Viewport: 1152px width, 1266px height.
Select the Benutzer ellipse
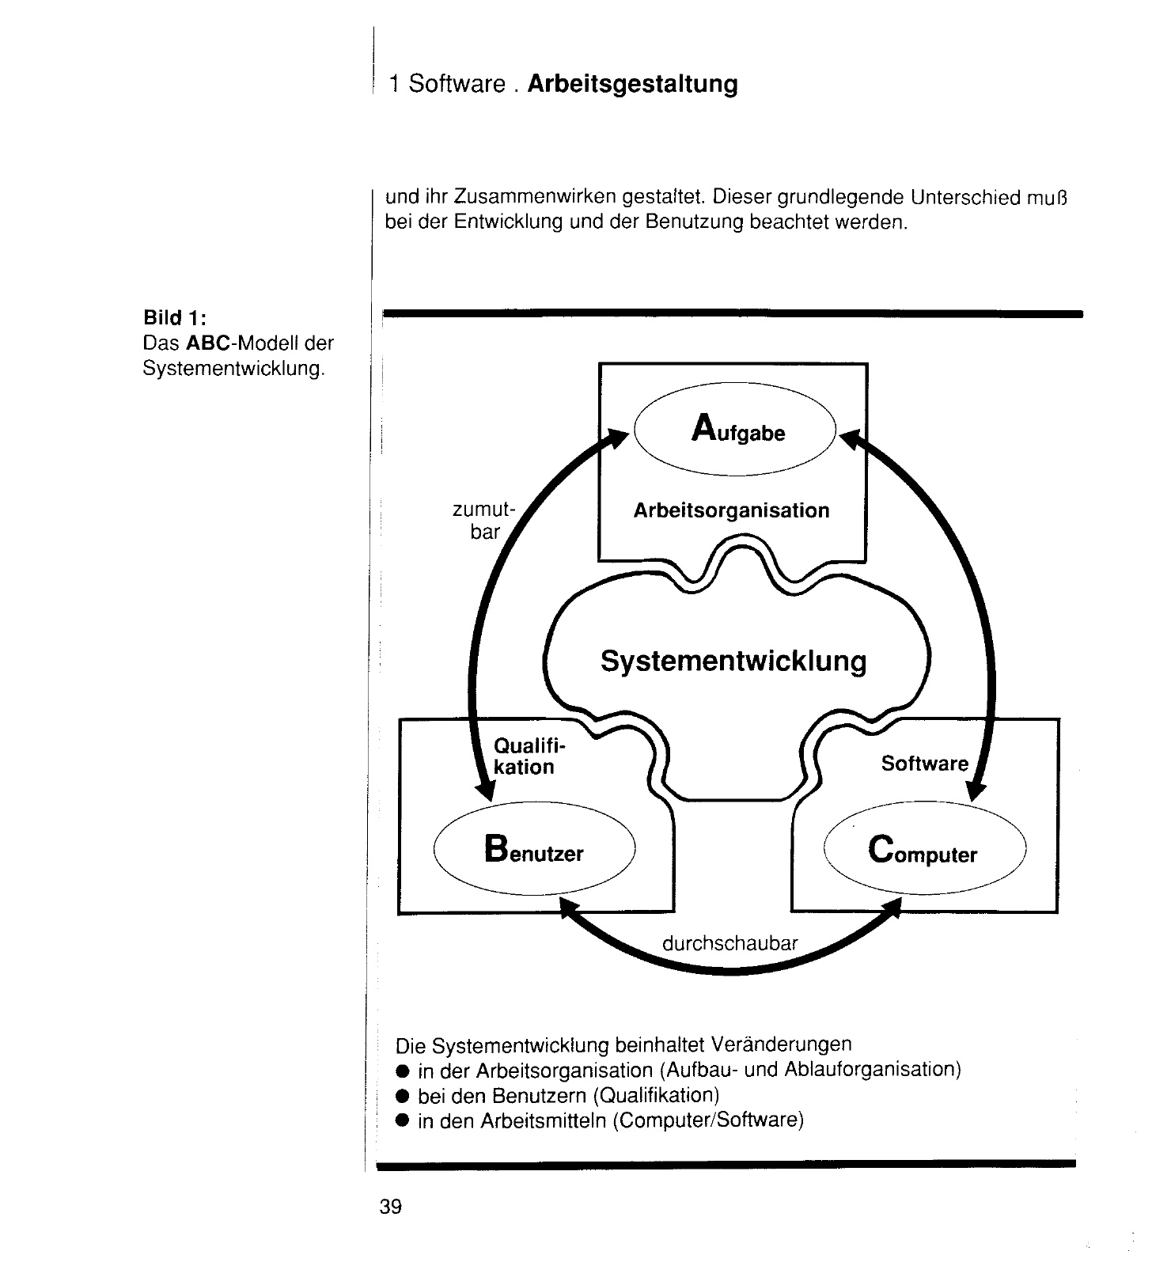coord(535,850)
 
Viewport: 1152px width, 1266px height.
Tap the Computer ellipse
coord(923,851)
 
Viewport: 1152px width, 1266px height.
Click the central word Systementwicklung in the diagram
coord(733,660)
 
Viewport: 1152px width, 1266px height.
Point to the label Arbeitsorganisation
coord(731,510)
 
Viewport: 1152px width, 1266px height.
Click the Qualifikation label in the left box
coord(524,756)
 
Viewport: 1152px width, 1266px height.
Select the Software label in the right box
coord(924,764)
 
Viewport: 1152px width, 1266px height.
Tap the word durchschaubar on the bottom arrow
coord(729,943)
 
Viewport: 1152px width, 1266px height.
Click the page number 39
coord(391,1207)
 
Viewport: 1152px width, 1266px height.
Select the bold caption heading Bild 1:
coord(175,318)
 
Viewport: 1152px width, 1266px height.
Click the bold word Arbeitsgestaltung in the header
coord(632,84)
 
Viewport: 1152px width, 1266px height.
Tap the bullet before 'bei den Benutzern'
coord(403,1097)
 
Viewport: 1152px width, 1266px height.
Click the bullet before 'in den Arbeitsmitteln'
coord(403,1121)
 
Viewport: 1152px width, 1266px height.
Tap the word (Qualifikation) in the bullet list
coord(656,1096)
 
